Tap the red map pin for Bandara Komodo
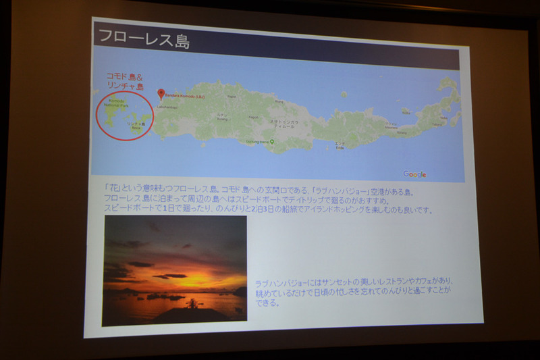(161, 94)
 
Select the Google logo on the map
(414, 174)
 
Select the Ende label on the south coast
(340, 146)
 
